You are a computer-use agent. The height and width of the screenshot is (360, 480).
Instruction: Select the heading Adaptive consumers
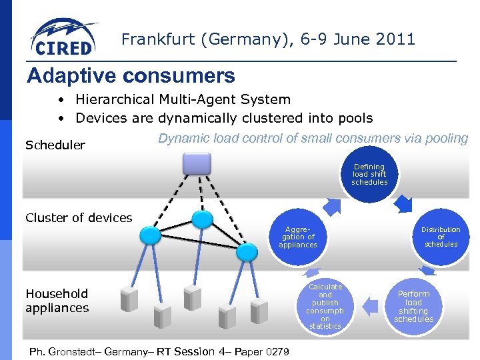coord(131,75)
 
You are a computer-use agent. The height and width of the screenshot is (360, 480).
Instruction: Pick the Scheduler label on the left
coord(55,145)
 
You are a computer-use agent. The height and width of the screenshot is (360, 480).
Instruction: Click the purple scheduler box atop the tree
coord(197,163)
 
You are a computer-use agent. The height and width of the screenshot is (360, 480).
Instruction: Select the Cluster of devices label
coord(79,217)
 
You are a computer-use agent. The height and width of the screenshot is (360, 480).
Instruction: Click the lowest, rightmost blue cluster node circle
coord(247,251)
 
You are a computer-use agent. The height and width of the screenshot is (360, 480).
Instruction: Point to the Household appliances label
coord(57,301)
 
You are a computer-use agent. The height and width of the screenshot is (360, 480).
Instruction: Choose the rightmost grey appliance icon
coord(259,311)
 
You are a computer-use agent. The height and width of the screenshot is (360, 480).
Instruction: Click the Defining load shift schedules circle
coord(369,175)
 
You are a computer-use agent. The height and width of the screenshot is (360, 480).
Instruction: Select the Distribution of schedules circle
coord(441,237)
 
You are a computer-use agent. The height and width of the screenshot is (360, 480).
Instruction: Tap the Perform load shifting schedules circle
coord(413,306)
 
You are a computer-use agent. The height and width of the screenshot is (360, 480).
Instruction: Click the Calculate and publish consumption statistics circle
coord(325,306)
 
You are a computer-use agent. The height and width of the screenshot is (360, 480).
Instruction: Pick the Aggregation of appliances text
coord(298,237)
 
